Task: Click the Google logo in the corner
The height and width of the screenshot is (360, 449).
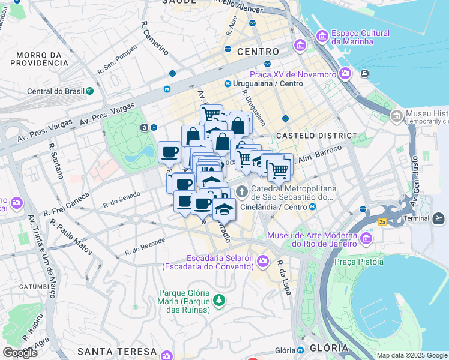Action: click(20, 353)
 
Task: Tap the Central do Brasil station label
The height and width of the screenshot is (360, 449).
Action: click(55, 91)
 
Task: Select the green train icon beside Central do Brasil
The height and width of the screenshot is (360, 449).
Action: click(89, 91)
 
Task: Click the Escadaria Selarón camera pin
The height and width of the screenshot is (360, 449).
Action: click(263, 261)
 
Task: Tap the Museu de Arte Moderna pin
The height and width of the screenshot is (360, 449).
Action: click(366, 239)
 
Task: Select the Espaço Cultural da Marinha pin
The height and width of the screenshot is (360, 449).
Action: click(322, 37)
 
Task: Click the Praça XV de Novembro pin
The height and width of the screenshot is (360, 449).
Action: click(345, 74)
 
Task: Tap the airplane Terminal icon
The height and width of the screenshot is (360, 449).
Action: click(439, 217)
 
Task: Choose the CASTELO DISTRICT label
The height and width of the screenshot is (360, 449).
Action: click(316, 136)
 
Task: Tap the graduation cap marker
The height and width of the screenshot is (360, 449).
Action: click(224, 209)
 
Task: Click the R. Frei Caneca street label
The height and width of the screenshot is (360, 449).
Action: click(66, 205)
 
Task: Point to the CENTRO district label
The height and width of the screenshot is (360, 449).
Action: click(258, 52)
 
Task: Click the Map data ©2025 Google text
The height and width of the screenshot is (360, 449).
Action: click(411, 355)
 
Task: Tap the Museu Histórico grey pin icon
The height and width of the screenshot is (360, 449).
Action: click(396, 116)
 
